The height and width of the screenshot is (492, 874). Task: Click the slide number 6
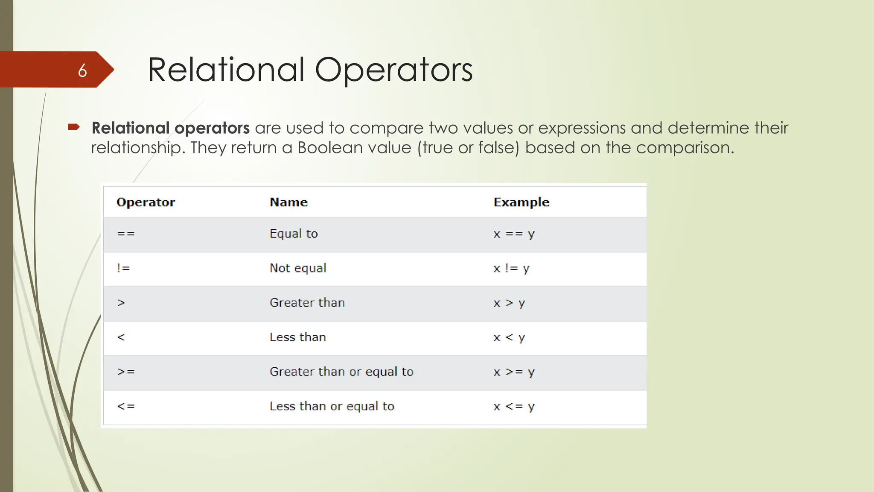[x=82, y=70]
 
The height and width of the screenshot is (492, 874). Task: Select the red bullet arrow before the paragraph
[x=74, y=127]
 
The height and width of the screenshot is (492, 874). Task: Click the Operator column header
[x=146, y=202]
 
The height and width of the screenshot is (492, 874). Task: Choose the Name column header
[x=288, y=202]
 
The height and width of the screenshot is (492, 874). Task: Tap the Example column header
[x=521, y=202]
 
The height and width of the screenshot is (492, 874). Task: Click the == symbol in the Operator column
[x=126, y=234]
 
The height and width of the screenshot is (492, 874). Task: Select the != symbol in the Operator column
[x=123, y=268]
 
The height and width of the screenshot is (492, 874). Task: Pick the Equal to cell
[x=294, y=234]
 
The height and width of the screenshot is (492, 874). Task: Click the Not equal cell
[x=298, y=268]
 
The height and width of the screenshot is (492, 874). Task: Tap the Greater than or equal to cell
[x=341, y=372]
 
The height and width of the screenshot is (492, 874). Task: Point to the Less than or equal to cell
[x=332, y=406]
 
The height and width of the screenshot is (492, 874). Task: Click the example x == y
[x=514, y=234]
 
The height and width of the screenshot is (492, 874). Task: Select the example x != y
[x=511, y=269]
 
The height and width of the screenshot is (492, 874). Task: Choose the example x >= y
[x=514, y=372]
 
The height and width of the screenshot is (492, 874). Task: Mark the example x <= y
[x=514, y=407]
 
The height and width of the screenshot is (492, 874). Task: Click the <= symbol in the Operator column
[x=126, y=406]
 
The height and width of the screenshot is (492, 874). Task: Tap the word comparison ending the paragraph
[x=685, y=148]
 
